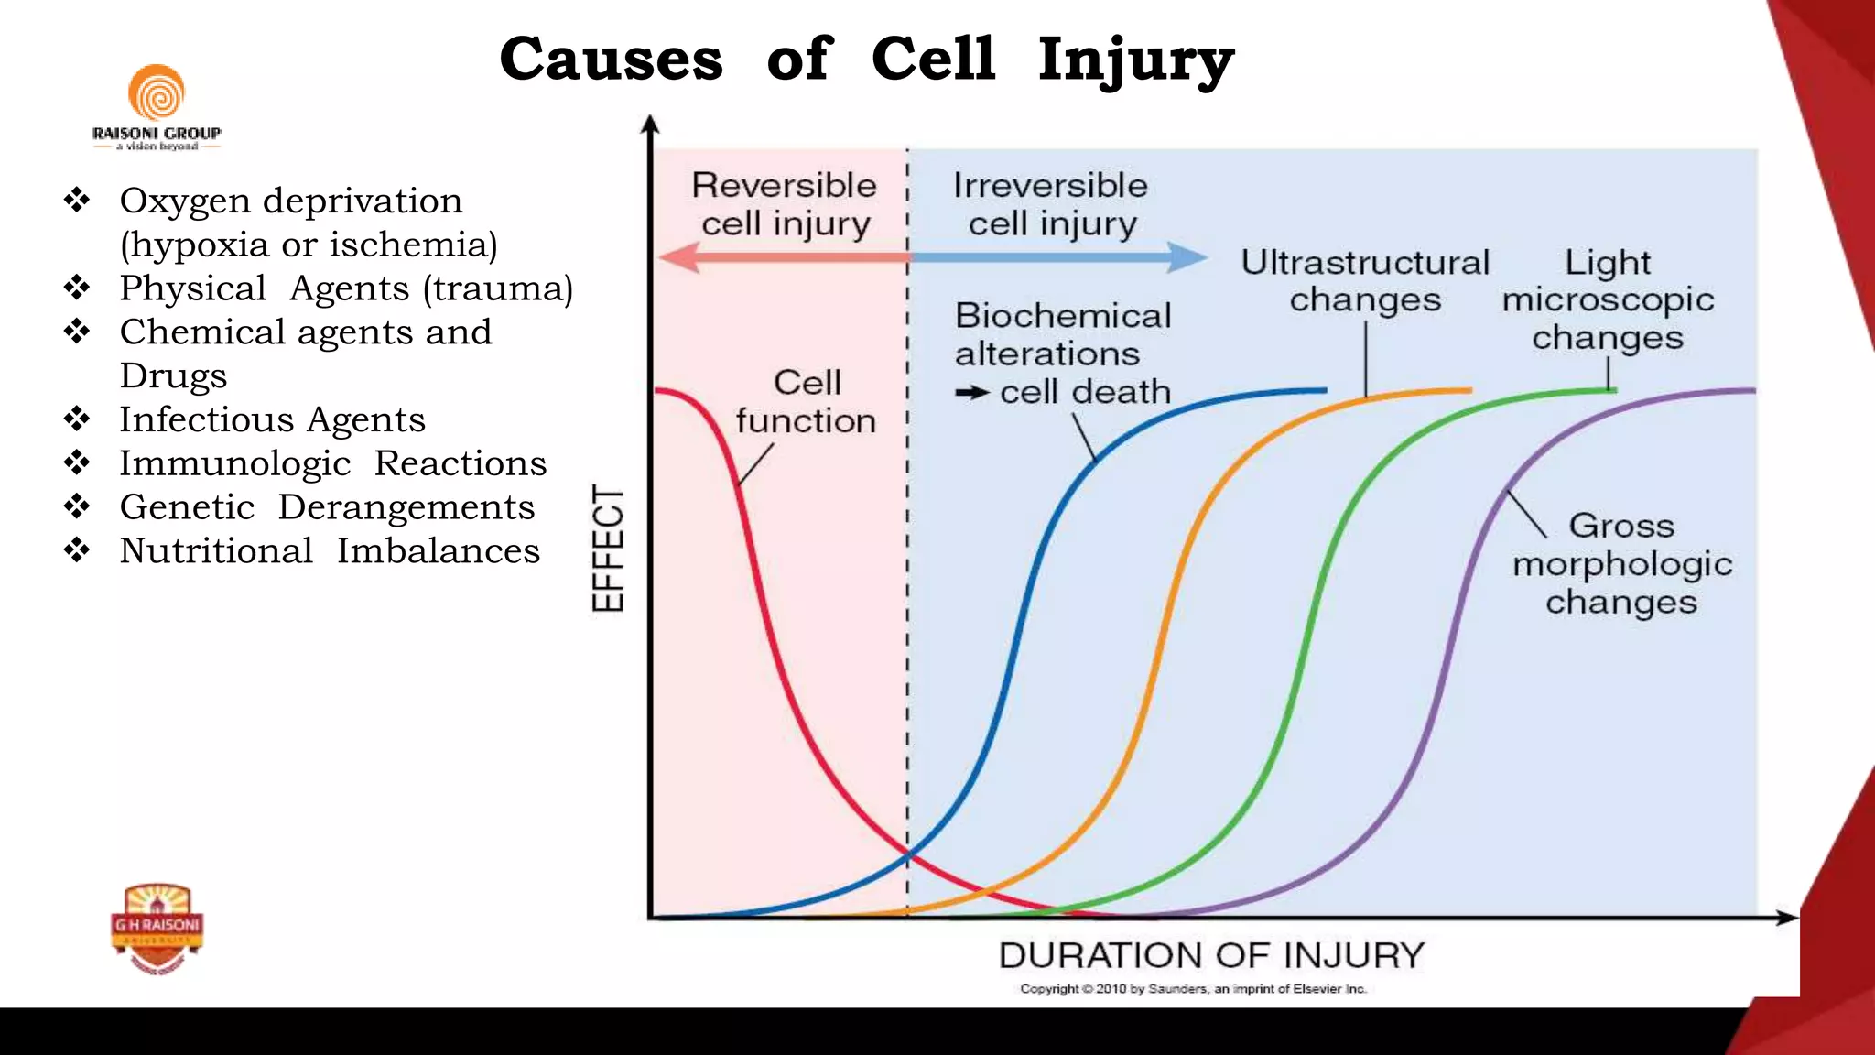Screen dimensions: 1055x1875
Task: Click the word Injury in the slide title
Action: click(1135, 60)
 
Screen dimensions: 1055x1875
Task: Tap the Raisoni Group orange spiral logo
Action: click(157, 93)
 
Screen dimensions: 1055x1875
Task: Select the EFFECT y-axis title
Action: click(608, 548)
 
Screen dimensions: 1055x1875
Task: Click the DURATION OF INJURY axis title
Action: click(1211, 955)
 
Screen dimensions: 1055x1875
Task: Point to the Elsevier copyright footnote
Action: click(1193, 989)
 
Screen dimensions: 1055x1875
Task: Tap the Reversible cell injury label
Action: click(785, 204)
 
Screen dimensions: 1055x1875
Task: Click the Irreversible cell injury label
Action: click(1051, 204)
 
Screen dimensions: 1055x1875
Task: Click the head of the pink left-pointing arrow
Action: click(676, 257)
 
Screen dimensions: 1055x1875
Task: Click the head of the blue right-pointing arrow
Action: click(1190, 257)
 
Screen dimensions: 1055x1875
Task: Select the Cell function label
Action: click(806, 401)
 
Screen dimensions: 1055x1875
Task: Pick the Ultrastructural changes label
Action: click(1365, 281)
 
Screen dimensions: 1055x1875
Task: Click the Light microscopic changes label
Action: click(1608, 299)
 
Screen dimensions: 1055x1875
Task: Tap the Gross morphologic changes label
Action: click(1621, 563)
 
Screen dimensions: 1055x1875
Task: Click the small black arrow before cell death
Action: click(972, 393)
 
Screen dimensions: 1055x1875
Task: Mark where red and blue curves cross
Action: click(908, 856)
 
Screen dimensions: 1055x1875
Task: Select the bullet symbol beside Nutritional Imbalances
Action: click(77, 550)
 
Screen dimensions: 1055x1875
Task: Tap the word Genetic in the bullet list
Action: click(187, 507)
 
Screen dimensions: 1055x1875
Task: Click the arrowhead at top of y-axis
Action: click(650, 124)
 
